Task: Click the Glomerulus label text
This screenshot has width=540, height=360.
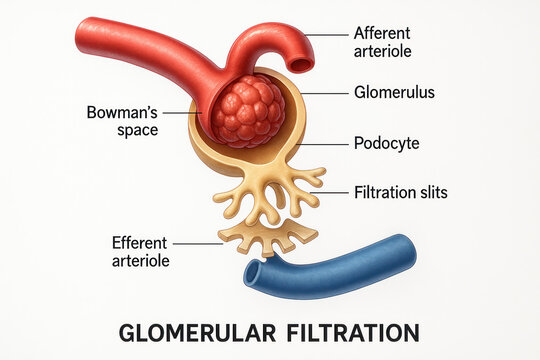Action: [x=394, y=92]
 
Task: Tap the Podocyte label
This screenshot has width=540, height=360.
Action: [x=386, y=143]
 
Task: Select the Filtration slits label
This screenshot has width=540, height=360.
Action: [x=401, y=191]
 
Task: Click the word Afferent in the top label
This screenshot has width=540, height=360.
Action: [x=383, y=32]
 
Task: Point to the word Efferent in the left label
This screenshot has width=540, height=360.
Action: [x=140, y=243]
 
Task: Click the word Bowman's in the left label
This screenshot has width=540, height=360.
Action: [x=123, y=112]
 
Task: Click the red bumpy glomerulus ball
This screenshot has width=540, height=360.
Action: [x=246, y=111]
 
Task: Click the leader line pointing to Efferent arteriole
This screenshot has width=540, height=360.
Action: [x=196, y=243]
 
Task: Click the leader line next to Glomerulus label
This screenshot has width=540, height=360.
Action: [x=322, y=93]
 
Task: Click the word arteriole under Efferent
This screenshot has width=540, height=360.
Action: [x=140, y=261]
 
